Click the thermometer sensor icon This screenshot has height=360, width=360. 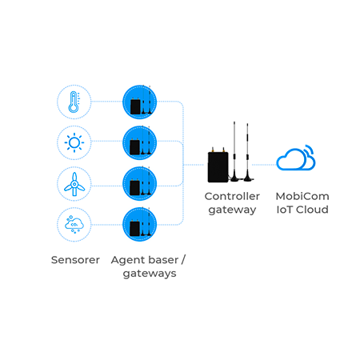74,102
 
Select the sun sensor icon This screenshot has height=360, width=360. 74,142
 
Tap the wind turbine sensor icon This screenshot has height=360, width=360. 74,184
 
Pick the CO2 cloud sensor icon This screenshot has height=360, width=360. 74,225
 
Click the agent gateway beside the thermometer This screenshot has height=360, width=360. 139,102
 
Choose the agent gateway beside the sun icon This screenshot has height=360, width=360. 139,142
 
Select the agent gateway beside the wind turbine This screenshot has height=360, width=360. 139,184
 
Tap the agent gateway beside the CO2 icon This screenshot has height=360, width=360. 139,225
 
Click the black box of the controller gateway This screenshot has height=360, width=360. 218,166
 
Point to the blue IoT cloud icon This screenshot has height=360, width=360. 296,158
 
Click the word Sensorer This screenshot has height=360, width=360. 75,260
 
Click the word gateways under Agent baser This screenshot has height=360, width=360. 150,274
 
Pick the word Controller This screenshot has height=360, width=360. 232,196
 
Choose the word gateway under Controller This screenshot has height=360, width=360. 232,210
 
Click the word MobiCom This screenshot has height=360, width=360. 302,196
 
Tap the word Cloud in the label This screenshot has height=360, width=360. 312,210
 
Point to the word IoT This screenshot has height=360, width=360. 285,210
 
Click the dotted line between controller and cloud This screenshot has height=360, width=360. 264,165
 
